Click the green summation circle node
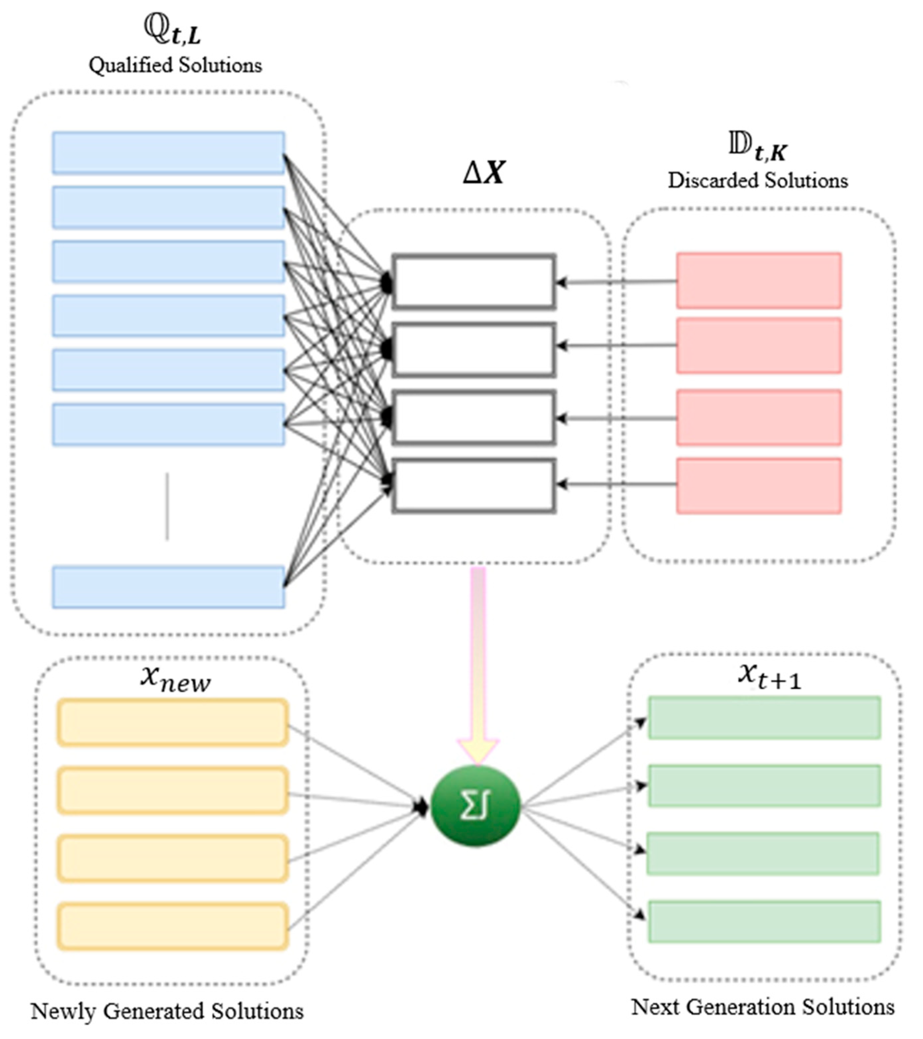coord(475,806)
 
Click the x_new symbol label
coord(175,679)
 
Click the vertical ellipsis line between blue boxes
coord(167,506)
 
